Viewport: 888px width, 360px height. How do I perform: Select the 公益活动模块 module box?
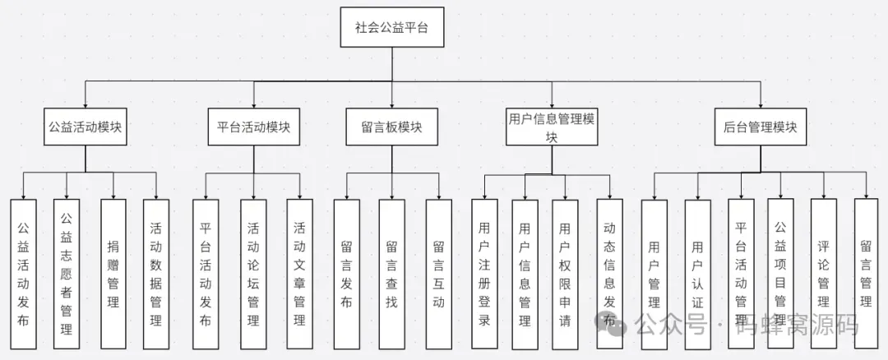pos(86,127)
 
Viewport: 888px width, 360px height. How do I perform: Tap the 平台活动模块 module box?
pos(253,127)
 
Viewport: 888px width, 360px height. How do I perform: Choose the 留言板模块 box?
pos(391,127)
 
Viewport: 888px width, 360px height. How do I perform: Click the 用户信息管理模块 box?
pos(551,127)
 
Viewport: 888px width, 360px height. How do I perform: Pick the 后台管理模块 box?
pos(761,127)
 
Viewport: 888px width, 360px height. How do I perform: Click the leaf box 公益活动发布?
pos(24,275)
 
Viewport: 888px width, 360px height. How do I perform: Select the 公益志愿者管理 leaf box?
pos(67,275)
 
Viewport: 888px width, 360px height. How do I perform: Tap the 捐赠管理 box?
pos(113,275)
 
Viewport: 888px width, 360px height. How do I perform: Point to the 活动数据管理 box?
pos(155,275)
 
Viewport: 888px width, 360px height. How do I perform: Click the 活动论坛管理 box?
pos(254,275)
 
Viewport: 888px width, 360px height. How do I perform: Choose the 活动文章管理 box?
pos(299,275)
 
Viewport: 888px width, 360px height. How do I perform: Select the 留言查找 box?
pos(391,275)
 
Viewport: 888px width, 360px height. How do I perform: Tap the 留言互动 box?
pos(438,275)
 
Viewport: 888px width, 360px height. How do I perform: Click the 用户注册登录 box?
pos(484,275)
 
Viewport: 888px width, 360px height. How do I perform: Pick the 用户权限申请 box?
pos(564,275)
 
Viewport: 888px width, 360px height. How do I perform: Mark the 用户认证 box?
pos(697,275)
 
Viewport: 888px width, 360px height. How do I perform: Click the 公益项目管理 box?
pos(780,275)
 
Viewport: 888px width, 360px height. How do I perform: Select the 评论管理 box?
pos(823,275)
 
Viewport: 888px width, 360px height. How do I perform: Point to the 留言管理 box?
pos(866,275)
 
